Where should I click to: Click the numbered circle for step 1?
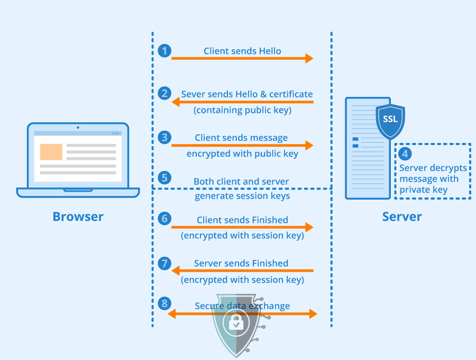164,51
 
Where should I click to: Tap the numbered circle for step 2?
164,94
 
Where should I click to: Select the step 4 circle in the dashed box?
405,154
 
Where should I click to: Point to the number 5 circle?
164,177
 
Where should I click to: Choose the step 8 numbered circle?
164,303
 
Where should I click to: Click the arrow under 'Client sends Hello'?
242,58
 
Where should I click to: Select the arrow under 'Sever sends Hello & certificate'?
242,102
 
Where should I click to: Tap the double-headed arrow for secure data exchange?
242,314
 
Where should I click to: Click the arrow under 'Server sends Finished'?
242,271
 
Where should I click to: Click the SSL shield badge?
390,120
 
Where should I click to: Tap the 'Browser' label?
78,217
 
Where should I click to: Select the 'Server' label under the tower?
402,217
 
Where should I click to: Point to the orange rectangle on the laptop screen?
51,151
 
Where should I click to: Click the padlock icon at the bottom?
236,322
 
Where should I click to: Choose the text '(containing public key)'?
242,111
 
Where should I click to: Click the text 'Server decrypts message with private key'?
433,179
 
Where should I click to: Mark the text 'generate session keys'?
242,196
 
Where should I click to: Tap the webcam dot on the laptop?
78,127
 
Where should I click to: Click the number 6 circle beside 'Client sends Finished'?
164,218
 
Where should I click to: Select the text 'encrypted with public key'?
242,154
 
